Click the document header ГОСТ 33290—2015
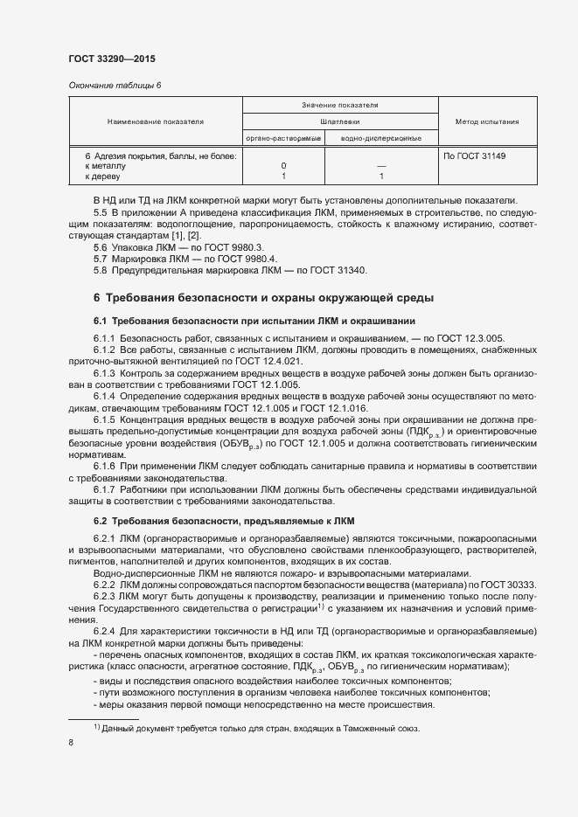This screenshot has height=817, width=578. pyautogui.click(x=112, y=59)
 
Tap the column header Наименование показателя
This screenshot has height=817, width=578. pyautogui.click(x=155, y=121)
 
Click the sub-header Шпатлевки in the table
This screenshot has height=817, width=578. pyautogui.click(x=340, y=122)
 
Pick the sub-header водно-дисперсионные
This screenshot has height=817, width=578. pyautogui.click(x=380, y=138)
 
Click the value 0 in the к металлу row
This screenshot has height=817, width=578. pyautogui.click(x=284, y=165)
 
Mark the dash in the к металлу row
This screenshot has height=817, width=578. pyautogui.click(x=380, y=165)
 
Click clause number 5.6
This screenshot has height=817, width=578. pyautogui.click(x=101, y=248)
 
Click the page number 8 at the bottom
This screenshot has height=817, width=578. pyautogui.click(x=71, y=742)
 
